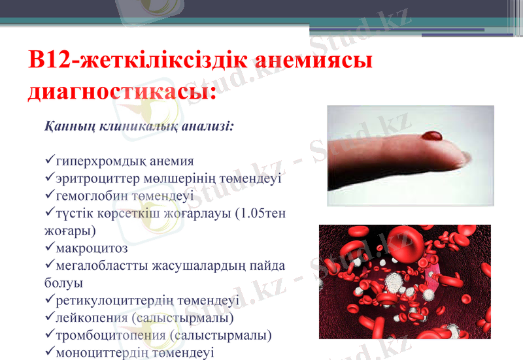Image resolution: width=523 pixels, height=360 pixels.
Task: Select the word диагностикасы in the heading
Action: [x=122, y=91]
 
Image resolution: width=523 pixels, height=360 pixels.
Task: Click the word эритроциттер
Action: [x=98, y=178]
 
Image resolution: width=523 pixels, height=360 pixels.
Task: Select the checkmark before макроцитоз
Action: [x=50, y=248]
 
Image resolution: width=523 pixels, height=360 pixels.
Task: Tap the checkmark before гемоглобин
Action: [x=50, y=195]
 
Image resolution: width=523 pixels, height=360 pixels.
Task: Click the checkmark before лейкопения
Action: [x=50, y=318]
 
